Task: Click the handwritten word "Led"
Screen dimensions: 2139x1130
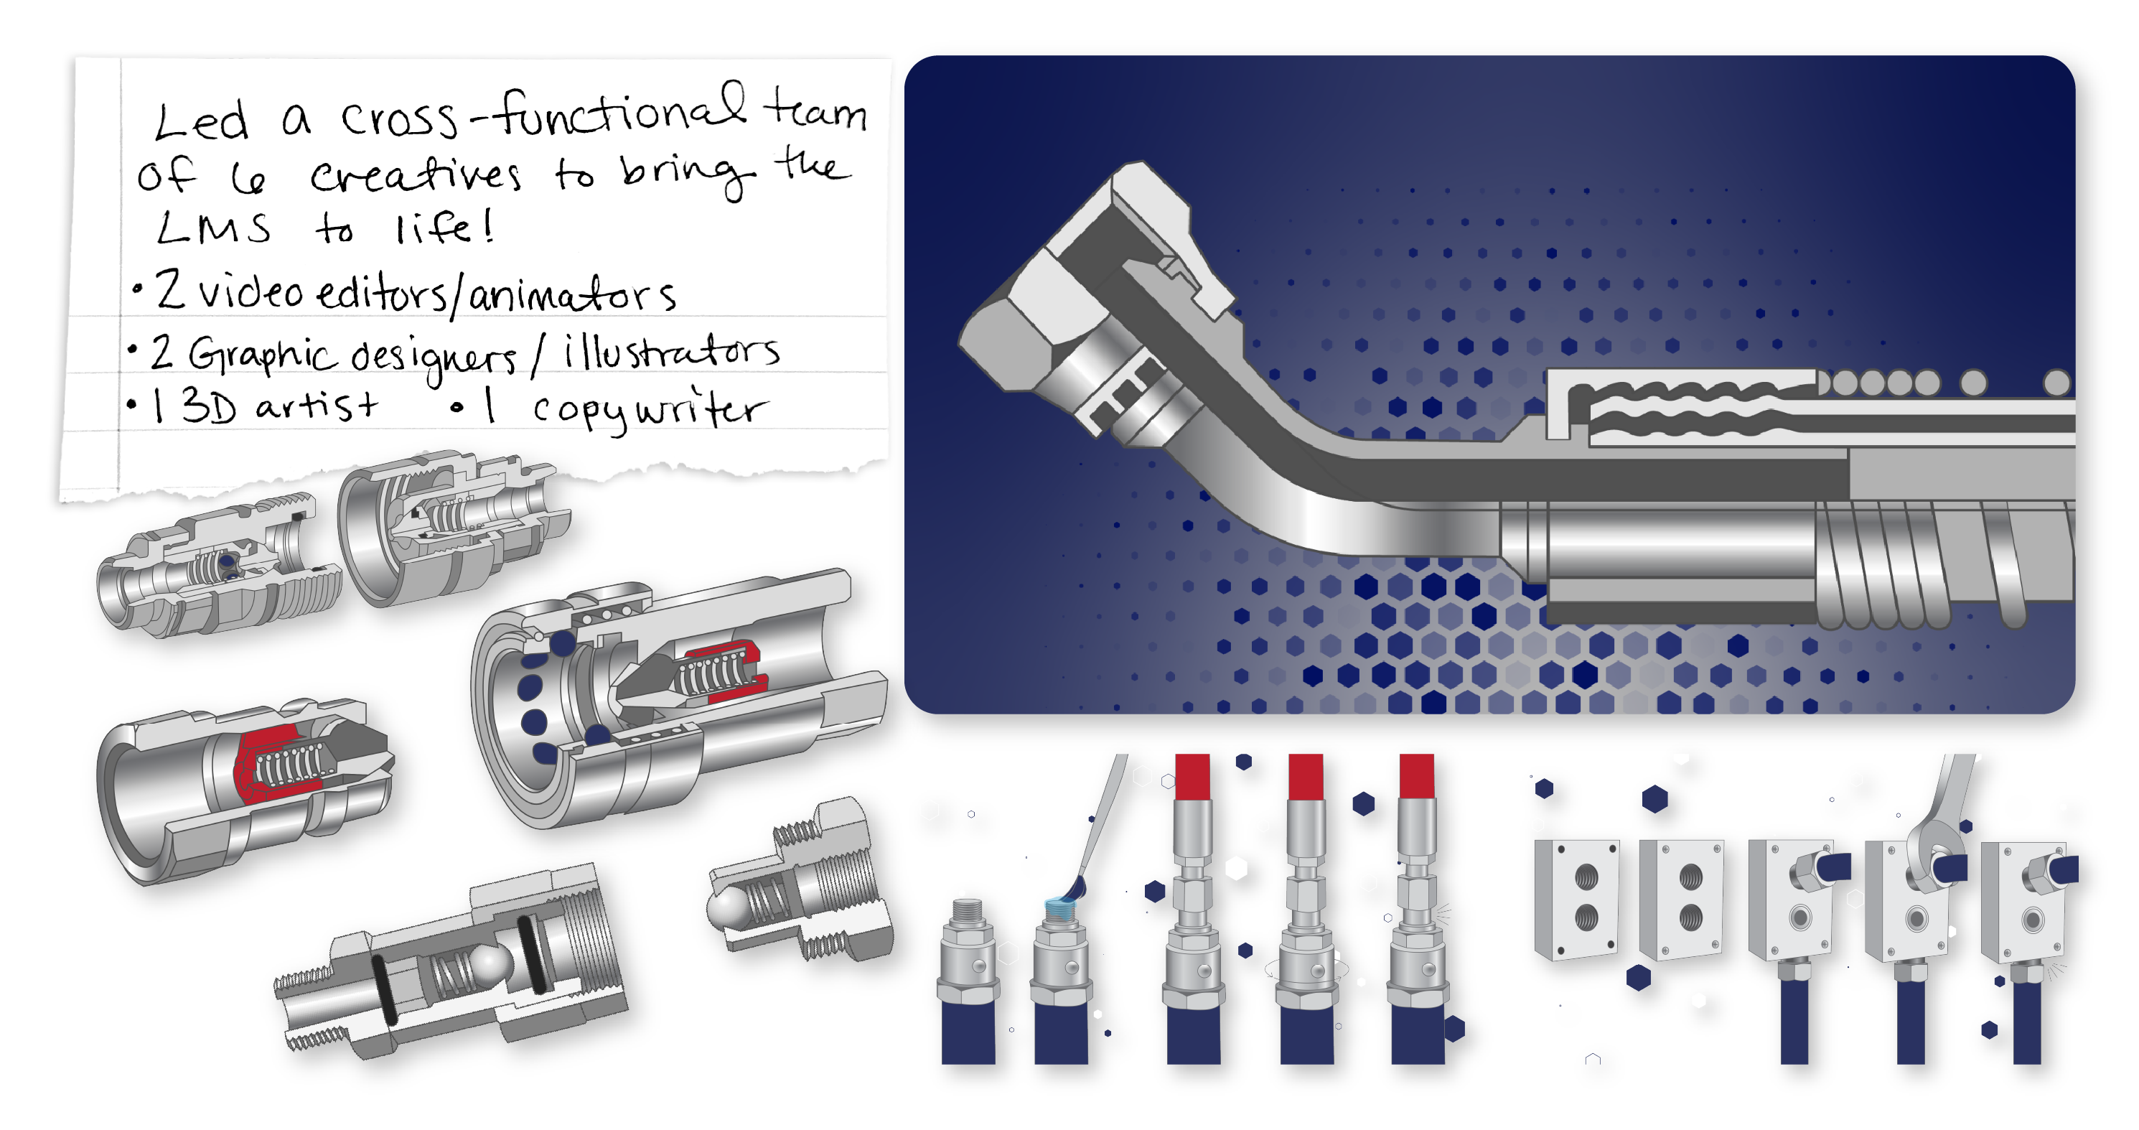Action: click(201, 121)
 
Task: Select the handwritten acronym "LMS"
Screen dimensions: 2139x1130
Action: click(213, 227)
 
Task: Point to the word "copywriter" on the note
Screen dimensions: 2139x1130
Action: click(650, 408)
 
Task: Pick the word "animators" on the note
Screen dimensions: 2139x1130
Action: click(572, 295)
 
